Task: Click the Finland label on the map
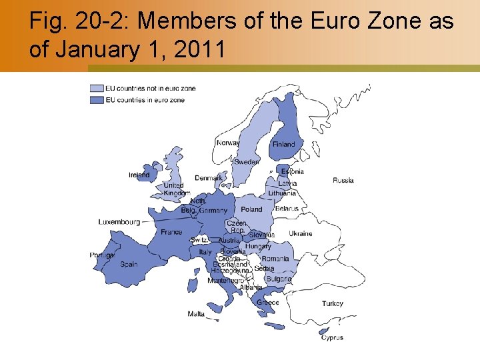coord(283,144)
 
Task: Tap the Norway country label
coord(228,143)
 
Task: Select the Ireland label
coord(139,175)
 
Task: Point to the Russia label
coord(343,180)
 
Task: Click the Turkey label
coord(332,303)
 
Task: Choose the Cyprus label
coord(332,338)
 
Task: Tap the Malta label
coord(196,314)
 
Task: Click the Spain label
coord(129,264)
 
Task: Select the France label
coord(171,232)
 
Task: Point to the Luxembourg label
coord(119,221)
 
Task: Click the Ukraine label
coord(300,234)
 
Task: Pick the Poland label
coord(251,209)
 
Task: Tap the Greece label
coord(268,303)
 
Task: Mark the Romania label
coord(275,259)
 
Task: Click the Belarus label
coord(287,209)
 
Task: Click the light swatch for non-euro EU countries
coord(97,88)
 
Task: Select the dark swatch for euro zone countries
coord(97,100)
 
